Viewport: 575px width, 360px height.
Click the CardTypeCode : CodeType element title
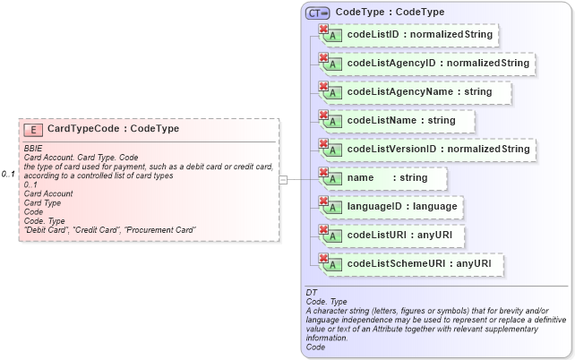point(113,129)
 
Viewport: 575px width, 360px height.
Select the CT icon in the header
point(318,13)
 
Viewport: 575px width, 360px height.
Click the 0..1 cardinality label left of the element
point(8,174)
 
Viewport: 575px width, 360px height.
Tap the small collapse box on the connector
point(283,179)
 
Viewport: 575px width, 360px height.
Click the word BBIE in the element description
point(32,148)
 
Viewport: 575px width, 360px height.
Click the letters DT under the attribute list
point(311,293)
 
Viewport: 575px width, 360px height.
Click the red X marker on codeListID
point(324,29)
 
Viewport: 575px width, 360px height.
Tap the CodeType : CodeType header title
point(390,13)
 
